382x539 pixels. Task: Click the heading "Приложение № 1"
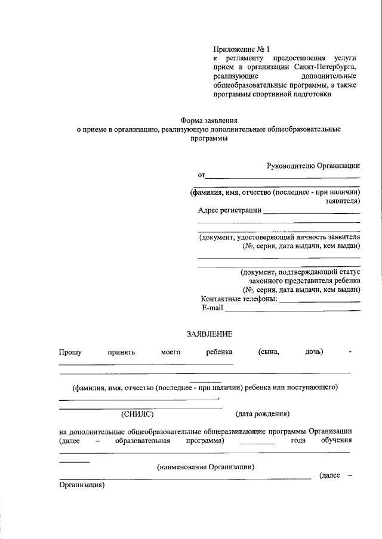pyautogui.click(x=242, y=49)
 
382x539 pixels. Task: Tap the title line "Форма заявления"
pyautogui.click(x=206, y=120)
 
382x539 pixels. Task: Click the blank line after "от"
pyautogui.click(x=283, y=177)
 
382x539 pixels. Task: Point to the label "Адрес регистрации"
pyautogui.click(x=230, y=210)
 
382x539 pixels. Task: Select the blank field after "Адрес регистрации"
pyautogui.click(x=312, y=213)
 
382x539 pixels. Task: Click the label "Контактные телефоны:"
pyautogui.click(x=239, y=298)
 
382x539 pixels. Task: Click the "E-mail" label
pyautogui.click(x=212, y=308)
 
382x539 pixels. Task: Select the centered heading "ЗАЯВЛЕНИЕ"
pyautogui.click(x=208, y=335)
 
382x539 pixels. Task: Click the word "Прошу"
pyautogui.click(x=70, y=352)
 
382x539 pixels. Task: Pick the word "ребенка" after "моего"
pyautogui.click(x=219, y=352)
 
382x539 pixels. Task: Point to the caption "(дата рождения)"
pyautogui.click(x=263, y=413)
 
